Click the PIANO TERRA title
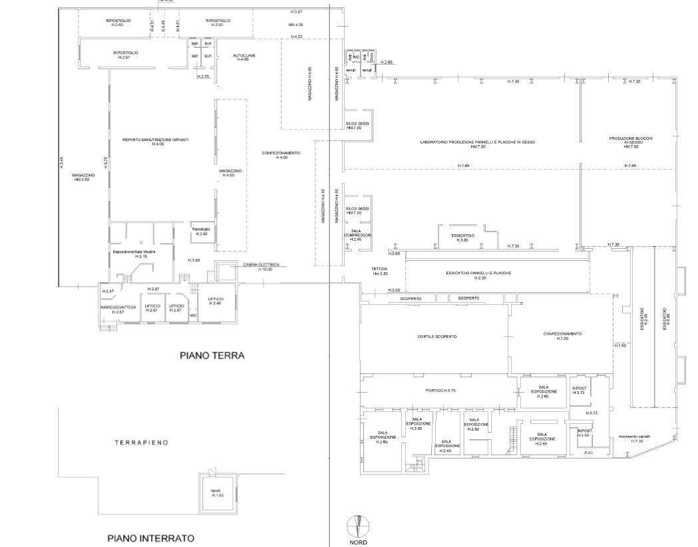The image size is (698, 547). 212,356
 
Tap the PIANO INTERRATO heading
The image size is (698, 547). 150,538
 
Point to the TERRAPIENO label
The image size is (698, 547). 141,443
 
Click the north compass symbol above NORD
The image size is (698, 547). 357,526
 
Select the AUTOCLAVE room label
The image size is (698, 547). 240,57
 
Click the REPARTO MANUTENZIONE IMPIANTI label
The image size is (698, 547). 156,141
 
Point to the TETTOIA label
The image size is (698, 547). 379,271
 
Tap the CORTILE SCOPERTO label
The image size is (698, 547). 436,337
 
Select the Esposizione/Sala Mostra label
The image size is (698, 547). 134,254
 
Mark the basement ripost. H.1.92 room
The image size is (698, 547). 217,493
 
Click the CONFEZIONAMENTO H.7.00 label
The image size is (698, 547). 562,336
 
